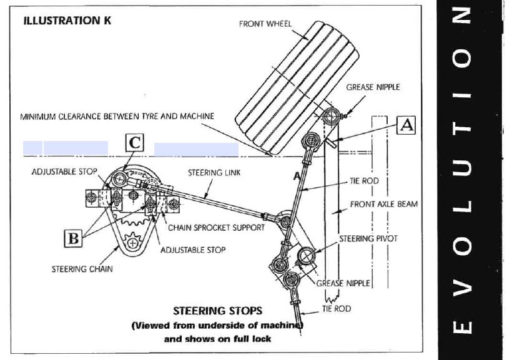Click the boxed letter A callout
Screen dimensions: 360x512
406,126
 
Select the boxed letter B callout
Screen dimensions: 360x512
72,238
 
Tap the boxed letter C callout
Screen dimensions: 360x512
135,143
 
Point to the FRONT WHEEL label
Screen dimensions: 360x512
265,24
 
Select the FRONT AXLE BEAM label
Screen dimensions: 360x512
384,204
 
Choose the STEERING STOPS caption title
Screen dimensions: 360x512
217,310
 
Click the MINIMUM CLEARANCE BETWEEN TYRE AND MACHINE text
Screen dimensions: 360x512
117,116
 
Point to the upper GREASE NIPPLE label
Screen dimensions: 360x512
373,87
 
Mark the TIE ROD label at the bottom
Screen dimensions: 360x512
336,309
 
